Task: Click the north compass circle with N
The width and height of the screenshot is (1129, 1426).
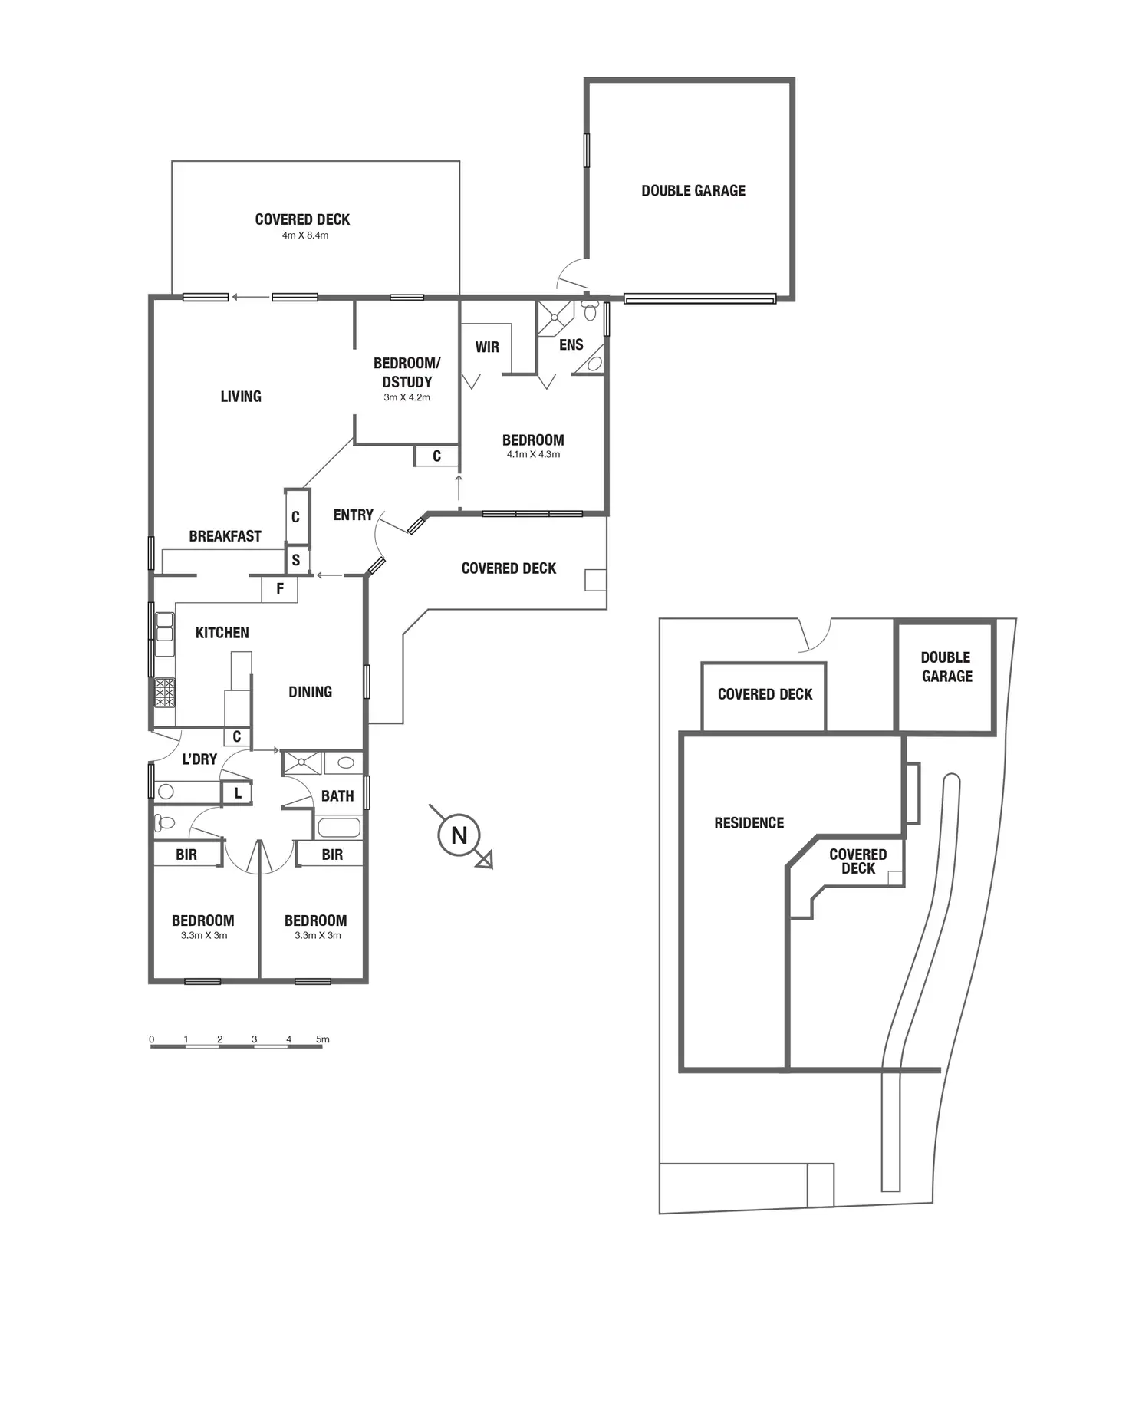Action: coord(459,835)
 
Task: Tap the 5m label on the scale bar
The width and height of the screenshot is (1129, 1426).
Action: coord(323,1039)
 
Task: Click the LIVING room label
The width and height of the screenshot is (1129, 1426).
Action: coord(241,397)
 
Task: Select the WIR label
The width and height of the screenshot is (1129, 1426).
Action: coord(487,347)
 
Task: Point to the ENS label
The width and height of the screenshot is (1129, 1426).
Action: coord(571,345)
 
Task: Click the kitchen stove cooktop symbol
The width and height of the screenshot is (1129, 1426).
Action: coord(164,693)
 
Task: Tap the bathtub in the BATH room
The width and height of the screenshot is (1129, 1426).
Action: coord(338,828)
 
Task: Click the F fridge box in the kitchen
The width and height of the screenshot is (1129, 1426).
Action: coord(280,589)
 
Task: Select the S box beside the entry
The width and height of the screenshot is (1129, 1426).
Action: coord(296,560)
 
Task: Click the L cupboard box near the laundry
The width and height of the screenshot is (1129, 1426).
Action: coord(238,793)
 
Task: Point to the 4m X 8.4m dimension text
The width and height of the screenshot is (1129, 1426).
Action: coord(304,235)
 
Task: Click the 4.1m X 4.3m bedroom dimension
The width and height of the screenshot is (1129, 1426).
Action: coord(533,454)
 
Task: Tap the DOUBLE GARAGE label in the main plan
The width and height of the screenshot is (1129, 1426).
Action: coord(693,191)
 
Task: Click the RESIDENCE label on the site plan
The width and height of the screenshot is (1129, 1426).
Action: coord(749,823)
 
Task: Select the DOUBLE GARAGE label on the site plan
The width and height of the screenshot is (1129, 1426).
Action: coord(946,667)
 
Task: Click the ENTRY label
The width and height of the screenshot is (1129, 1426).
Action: coord(353,515)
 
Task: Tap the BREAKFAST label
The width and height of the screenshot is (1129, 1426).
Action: coord(225,536)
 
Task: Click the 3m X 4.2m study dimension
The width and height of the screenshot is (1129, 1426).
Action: coord(407,397)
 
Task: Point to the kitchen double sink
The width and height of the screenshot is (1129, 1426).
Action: coord(164,634)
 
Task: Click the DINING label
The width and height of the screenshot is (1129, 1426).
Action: coord(310,692)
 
